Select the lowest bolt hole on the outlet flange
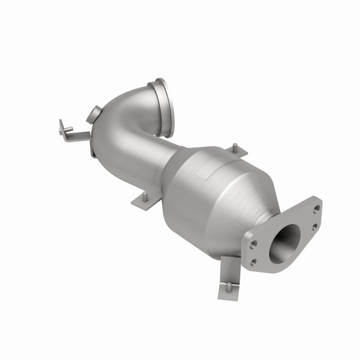point(253,262)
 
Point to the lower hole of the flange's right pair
point(314,226)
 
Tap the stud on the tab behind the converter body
point(235,148)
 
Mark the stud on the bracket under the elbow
point(145,195)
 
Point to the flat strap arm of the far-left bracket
point(80,136)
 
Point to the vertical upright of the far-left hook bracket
point(62,127)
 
